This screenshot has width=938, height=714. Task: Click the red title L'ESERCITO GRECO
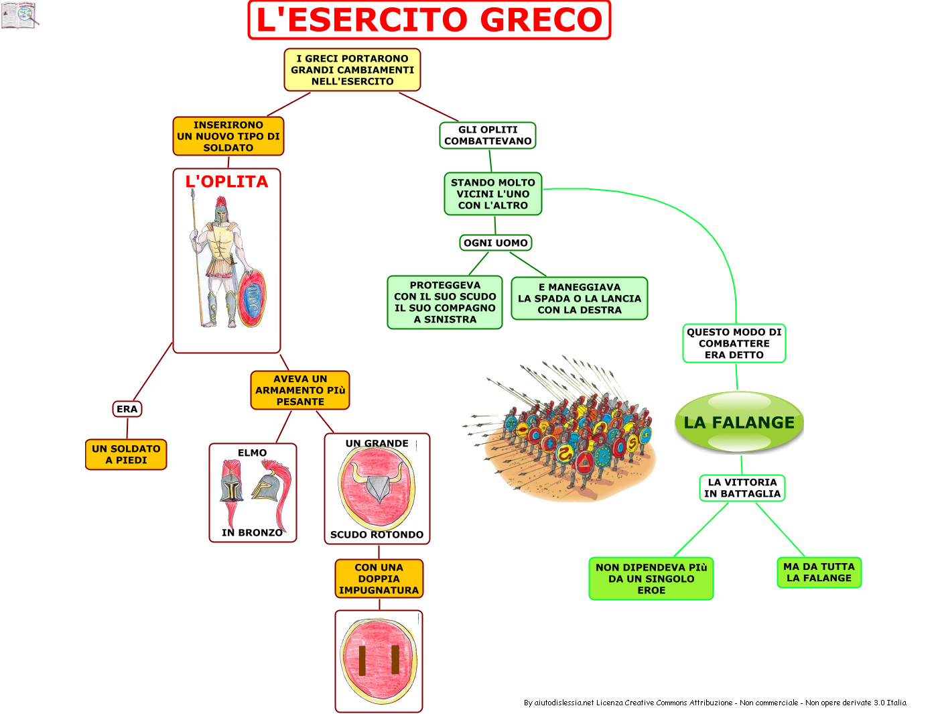(429, 19)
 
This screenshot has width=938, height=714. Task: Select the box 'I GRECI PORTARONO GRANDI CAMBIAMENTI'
(352, 70)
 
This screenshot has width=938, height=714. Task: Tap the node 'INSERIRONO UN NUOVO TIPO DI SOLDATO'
(228, 136)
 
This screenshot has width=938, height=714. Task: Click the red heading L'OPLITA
(226, 182)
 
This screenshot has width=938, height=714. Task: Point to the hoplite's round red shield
(252, 298)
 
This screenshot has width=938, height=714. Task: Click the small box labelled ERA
(127, 409)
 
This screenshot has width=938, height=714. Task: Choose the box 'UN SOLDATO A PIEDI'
(126, 455)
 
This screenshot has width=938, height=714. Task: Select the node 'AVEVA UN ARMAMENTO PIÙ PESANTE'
(300, 390)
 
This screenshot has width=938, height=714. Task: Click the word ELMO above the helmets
(252, 453)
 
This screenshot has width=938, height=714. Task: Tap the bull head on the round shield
(377, 483)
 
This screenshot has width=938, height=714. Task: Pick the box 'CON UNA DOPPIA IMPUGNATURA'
(379, 579)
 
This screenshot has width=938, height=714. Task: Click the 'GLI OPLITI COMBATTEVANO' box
(488, 135)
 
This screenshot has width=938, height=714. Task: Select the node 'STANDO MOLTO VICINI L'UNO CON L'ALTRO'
(492, 194)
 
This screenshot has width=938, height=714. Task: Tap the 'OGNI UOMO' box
(496, 243)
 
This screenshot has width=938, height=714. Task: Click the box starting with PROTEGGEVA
(445, 302)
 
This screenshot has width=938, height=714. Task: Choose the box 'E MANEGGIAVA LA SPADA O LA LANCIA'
(580, 298)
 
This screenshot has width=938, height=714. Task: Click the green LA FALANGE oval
(739, 422)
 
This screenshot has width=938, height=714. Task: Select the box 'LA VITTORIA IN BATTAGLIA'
(742, 488)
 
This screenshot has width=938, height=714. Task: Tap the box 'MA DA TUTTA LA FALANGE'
(819, 573)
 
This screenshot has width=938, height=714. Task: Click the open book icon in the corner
(19, 15)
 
